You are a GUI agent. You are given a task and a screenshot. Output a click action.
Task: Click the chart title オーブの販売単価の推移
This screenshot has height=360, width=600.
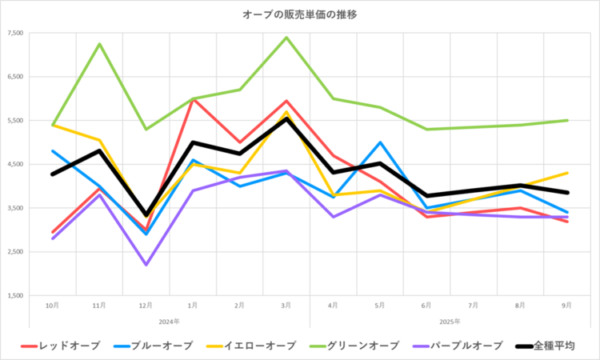(x=300, y=14)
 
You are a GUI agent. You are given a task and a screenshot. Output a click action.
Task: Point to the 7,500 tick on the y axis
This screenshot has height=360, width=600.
(x=15, y=34)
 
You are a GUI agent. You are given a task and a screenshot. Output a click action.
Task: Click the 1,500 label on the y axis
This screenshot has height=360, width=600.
(x=15, y=296)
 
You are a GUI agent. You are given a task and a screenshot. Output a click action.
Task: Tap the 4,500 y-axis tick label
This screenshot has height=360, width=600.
(x=15, y=165)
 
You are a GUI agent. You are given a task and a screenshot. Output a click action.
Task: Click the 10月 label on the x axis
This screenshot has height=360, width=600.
(x=51, y=306)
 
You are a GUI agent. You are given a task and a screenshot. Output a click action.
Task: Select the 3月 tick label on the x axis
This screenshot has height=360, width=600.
(x=286, y=306)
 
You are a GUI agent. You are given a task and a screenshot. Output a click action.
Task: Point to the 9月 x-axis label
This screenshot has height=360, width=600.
(x=567, y=306)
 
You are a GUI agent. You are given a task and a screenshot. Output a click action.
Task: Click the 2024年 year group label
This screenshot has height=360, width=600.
(x=169, y=321)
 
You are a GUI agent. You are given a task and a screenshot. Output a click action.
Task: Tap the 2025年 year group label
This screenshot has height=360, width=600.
(x=450, y=321)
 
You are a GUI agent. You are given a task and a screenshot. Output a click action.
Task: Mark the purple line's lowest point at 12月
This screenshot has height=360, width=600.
(x=146, y=265)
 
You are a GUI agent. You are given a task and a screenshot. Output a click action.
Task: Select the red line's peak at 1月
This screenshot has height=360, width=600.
(x=192, y=99)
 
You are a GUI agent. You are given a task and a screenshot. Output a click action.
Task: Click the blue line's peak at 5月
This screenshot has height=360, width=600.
(x=380, y=142)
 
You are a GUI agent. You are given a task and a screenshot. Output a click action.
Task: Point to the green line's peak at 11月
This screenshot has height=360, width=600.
(x=98, y=44)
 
